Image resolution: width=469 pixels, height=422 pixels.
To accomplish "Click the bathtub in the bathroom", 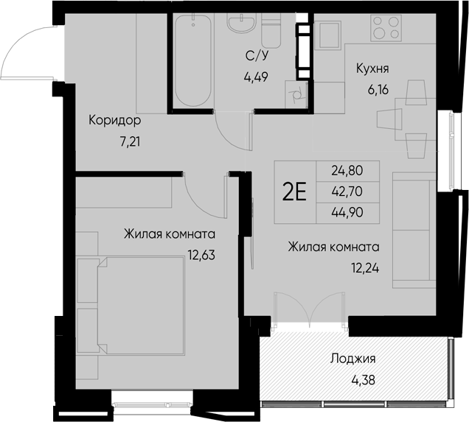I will pyautogui.click(x=193, y=60).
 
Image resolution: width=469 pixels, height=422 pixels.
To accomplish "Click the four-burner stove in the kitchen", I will pyautogui.click(x=382, y=29).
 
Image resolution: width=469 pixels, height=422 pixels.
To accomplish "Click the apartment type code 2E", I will pyautogui.click(x=295, y=191).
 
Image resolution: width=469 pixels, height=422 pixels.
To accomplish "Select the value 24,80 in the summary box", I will pyautogui.click(x=347, y=170).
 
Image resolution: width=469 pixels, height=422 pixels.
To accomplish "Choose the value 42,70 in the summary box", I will pyautogui.click(x=347, y=191).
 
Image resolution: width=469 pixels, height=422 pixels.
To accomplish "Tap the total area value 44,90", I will pyautogui.click(x=347, y=213).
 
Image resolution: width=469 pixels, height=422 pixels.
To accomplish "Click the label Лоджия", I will pyautogui.click(x=352, y=359).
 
